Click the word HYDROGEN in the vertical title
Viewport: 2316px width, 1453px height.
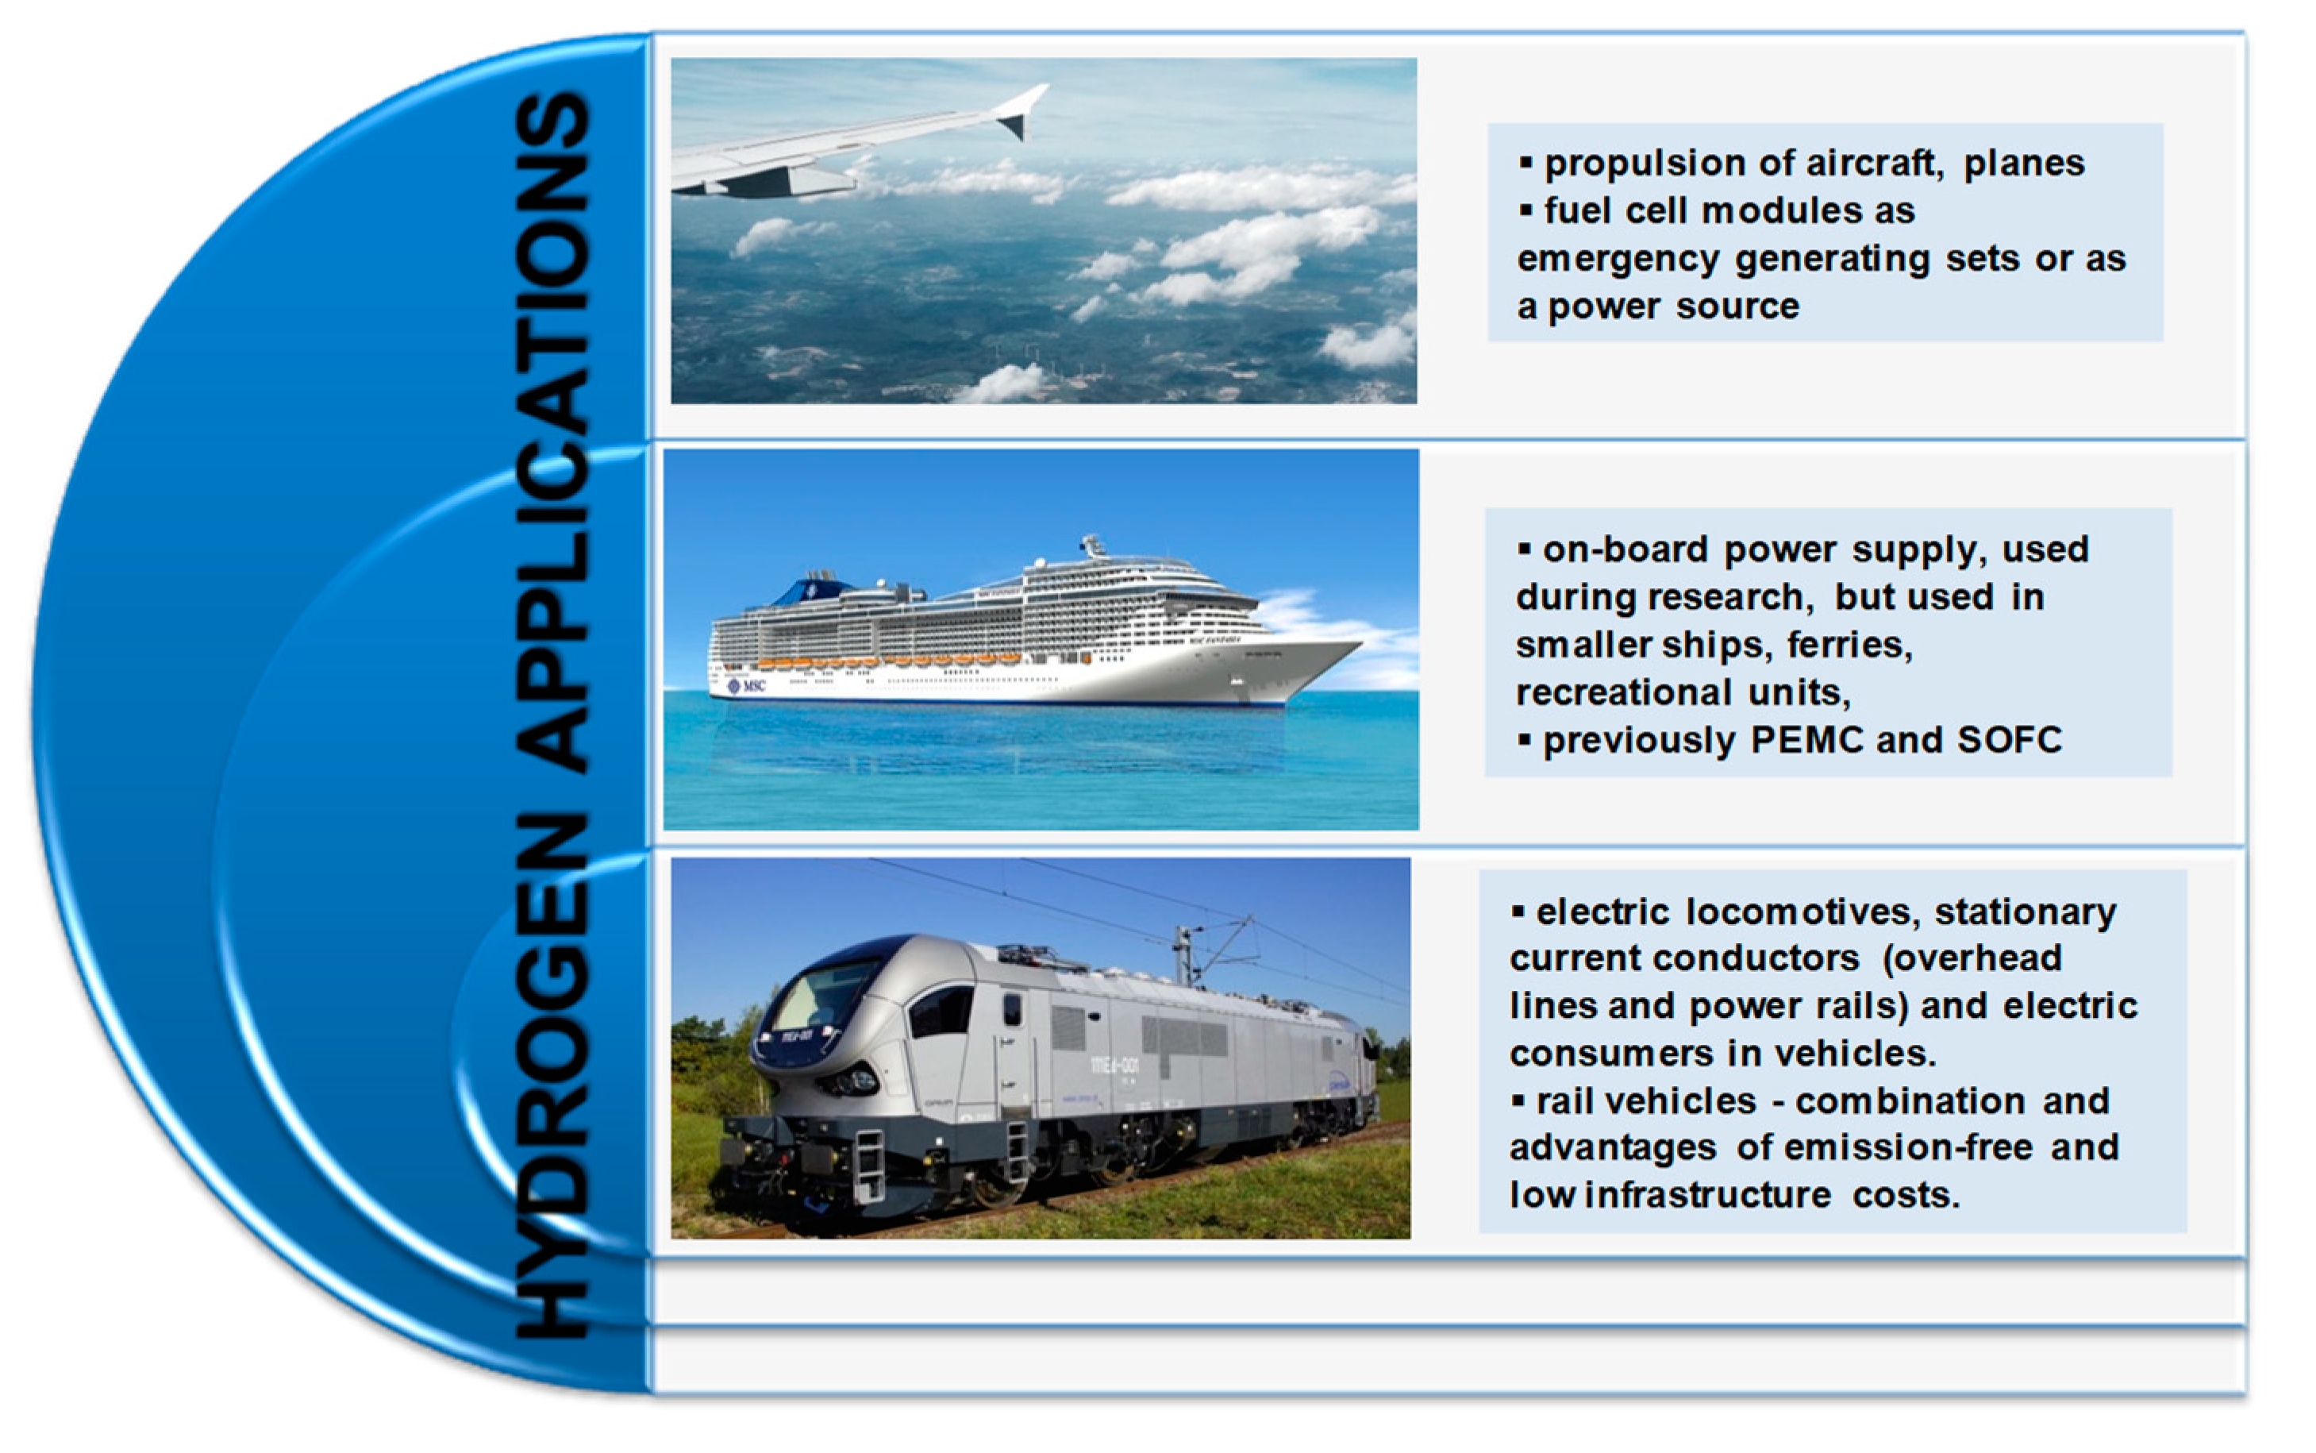point(552,1077)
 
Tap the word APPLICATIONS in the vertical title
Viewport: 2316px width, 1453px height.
point(552,433)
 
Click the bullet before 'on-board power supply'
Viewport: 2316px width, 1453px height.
point(1524,549)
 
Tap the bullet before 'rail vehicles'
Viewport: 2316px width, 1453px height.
point(1518,1100)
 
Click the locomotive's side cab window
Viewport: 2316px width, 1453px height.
point(942,1012)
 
